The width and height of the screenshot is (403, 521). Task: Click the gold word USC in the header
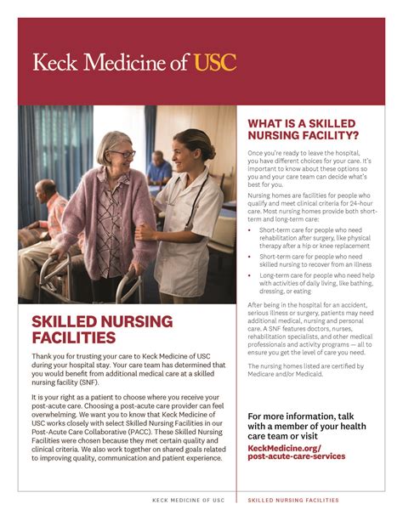[x=214, y=62]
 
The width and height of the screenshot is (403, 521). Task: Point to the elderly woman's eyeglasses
[x=122, y=153]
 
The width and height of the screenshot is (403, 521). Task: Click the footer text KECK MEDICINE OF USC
[x=188, y=500]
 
